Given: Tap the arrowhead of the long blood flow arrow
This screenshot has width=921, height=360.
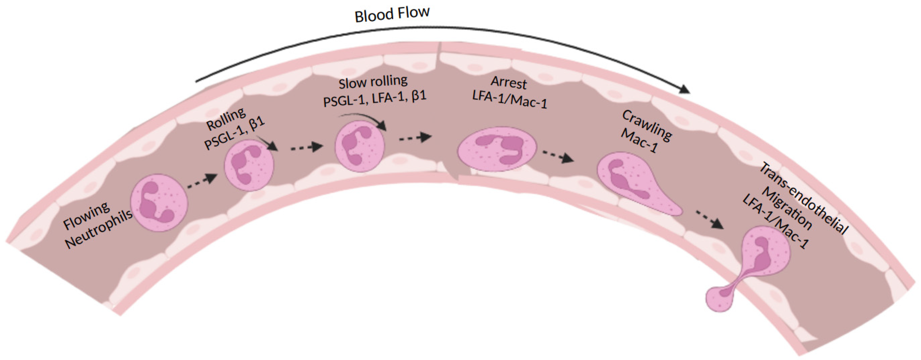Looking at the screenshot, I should [684, 89].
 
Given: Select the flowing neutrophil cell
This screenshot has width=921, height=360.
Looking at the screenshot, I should [159, 202].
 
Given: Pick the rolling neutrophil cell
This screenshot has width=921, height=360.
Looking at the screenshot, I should [249, 165].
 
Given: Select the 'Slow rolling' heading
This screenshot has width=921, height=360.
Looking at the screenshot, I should [373, 82].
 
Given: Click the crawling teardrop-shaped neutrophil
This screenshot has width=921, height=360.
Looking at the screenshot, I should [629, 181].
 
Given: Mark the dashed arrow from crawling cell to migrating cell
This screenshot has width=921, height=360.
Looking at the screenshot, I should [710, 219].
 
